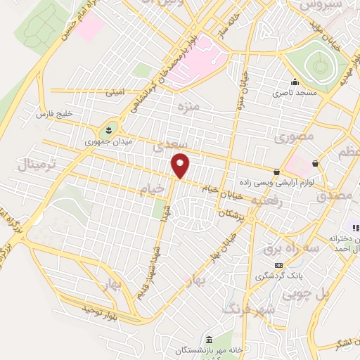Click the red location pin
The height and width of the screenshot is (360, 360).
point(181,165)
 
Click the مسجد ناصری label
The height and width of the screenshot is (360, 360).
point(297,92)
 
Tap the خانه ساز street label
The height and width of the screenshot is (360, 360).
point(224,27)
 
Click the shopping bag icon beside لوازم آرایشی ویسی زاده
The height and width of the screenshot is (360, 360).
point(276,172)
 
